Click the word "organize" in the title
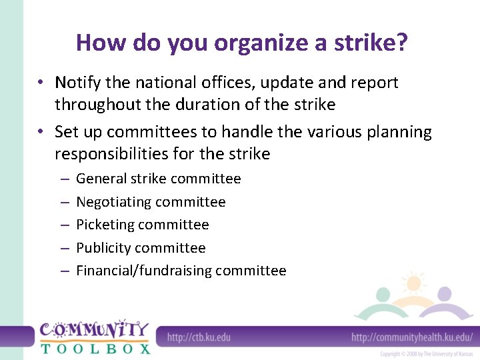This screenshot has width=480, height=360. (246, 43)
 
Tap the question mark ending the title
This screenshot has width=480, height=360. (401, 43)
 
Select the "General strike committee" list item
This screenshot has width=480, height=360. (158, 179)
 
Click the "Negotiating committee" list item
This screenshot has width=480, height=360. (151, 202)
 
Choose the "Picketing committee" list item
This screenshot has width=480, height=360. (142, 225)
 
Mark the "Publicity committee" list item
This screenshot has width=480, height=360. (141, 248)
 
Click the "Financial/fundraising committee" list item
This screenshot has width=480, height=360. (181, 271)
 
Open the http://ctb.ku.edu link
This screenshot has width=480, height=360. (199, 337)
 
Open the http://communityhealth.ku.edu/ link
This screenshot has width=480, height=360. (412, 337)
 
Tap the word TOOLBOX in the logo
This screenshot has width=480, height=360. (95, 347)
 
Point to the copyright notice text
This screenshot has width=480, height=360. (427, 354)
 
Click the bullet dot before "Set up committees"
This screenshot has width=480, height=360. (41, 132)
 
